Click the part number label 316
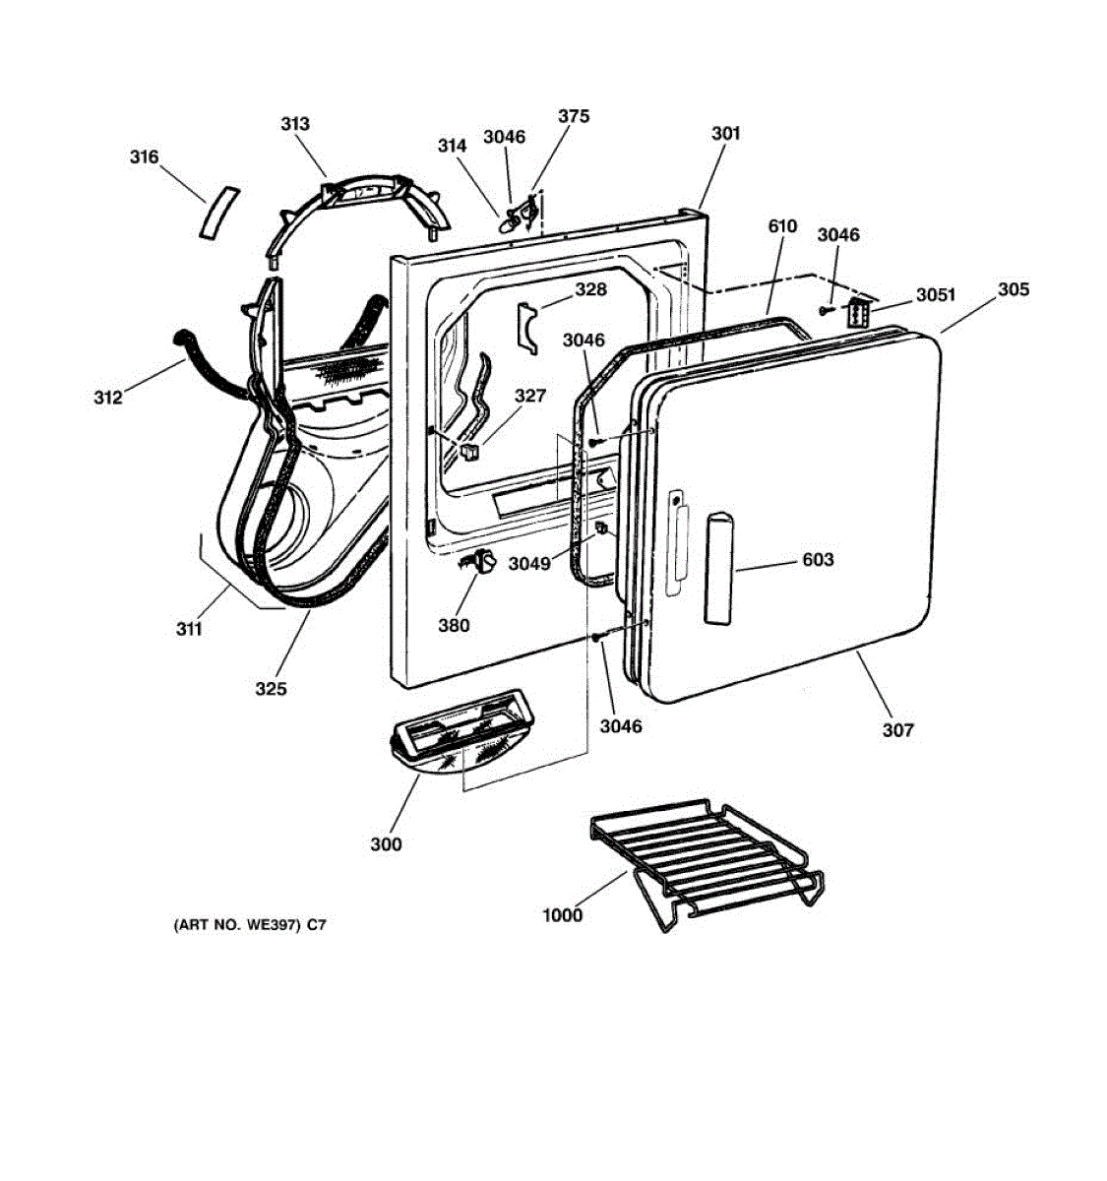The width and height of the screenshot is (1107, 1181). [x=144, y=157]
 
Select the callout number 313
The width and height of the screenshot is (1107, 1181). [x=294, y=123]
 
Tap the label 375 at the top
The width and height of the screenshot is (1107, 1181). [x=574, y=116]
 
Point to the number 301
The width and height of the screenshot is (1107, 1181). [x=725, y=133]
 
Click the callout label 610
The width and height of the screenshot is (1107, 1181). [x=782, y=226]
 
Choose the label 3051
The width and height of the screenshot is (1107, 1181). [x=935, y=294]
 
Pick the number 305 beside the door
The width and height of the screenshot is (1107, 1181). [x=1014, y=289]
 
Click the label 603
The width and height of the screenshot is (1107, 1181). [x=818, y=559]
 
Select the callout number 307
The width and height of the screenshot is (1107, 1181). [x=897, y=729]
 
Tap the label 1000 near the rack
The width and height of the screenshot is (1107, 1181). [x=562, y=915]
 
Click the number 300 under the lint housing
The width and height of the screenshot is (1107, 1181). [x=386, y=843]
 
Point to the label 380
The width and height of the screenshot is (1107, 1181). [x=454, y=625]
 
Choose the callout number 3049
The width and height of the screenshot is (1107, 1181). [x=530, y=564]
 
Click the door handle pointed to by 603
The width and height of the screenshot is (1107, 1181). [x=718, y=569]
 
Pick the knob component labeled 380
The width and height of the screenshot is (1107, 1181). [x=481, y=563]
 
